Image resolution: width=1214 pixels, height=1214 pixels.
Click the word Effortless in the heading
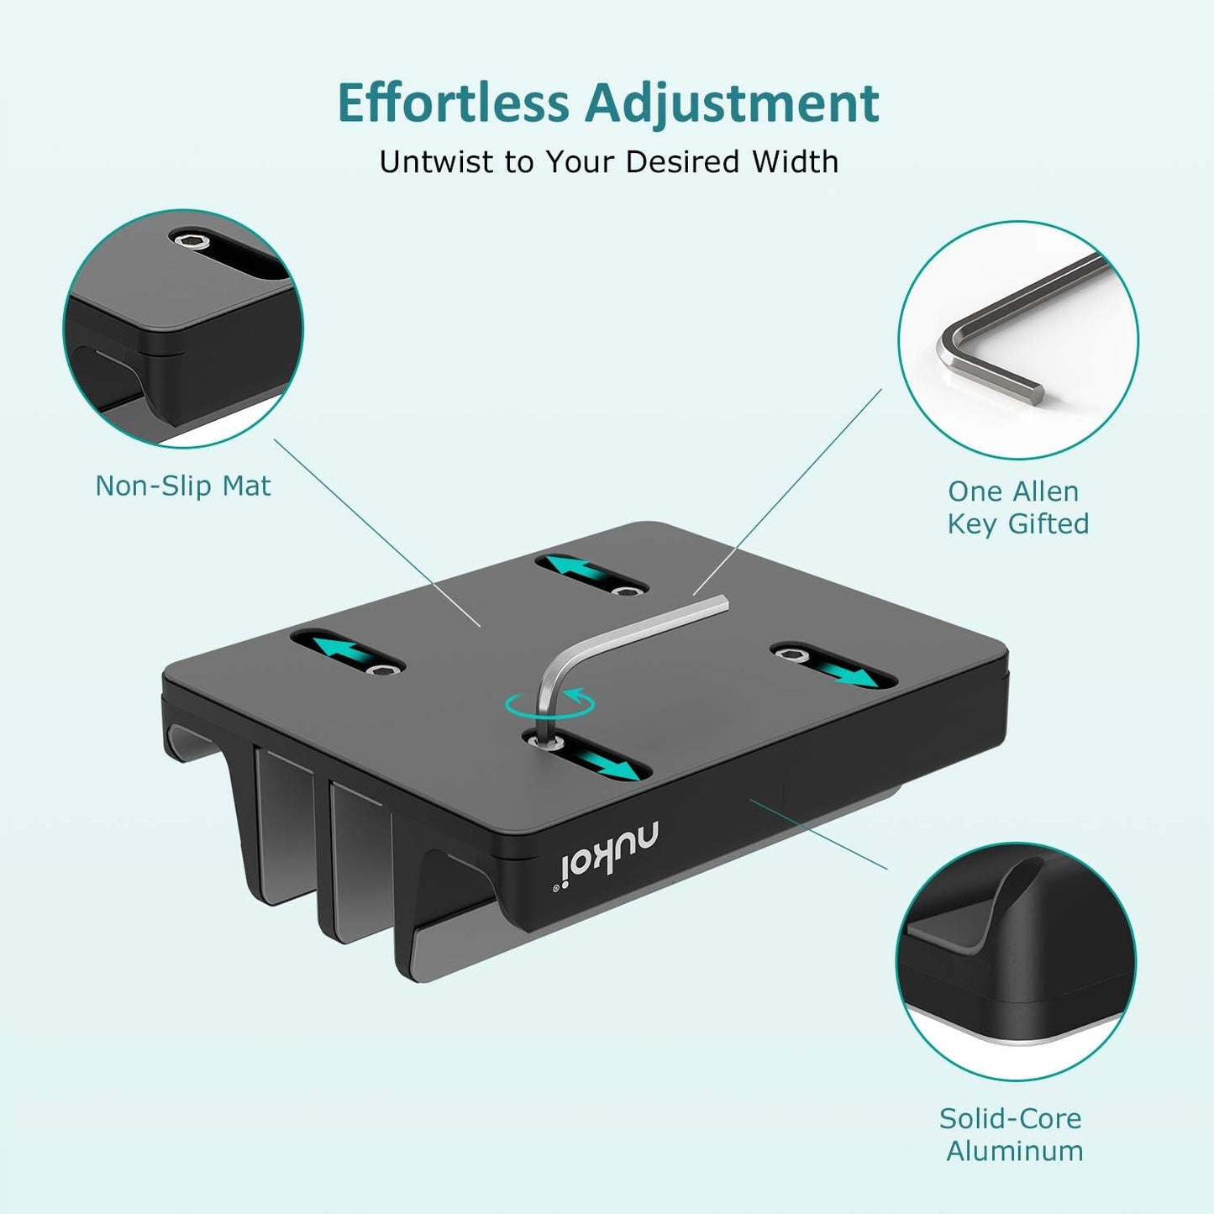pyautogui.click(x=453, y=102)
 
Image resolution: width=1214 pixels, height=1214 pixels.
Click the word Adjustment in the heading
pyautogui.click(x=732, y=102)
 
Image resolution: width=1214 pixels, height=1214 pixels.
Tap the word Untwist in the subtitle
pyautogui.click(x=437, y=161)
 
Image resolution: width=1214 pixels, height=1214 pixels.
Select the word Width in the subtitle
pyautogui.click(x=795, y=161)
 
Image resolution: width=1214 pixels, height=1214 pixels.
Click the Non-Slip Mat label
pyautogui.click(x=183, y=486)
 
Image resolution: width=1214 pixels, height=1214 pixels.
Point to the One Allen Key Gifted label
pyautogui.click(x=1017, y=507)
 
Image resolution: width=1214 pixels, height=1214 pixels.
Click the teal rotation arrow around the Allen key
pyautogui.click(x=549, y=704)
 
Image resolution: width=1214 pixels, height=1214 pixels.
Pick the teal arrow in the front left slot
pyautogui.click(x=346, y=650)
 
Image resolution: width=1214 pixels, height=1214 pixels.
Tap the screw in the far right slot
pyautogui.click(x=793, y=654)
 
